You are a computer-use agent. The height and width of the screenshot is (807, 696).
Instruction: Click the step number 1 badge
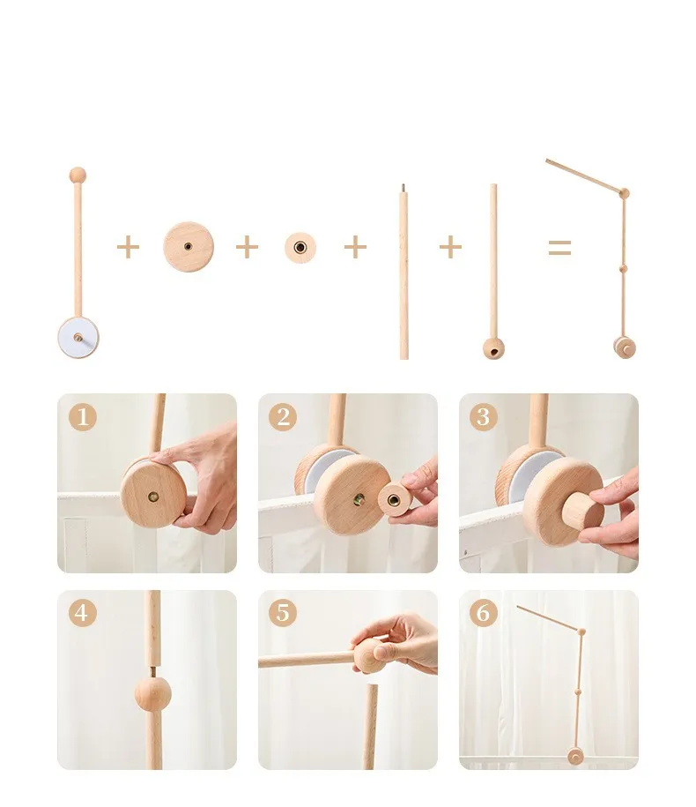(83, 416)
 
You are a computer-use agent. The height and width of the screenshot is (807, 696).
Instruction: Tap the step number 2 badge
(283, 416)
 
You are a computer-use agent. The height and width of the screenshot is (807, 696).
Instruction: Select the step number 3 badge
(483, 416)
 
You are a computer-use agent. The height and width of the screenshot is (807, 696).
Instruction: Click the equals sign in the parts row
(559, 248)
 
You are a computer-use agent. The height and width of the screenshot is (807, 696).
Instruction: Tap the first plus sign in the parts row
(128, 248)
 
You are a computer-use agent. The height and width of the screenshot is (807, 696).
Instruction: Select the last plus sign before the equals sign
(450, 248)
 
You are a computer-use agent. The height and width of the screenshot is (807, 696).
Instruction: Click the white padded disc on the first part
(78, 338)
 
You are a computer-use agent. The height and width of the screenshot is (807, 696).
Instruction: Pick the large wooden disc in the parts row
(189, 247)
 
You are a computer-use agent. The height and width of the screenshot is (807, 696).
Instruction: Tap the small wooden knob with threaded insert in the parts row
(300, 248)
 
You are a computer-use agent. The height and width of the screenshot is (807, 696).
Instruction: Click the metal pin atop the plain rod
(404, 188)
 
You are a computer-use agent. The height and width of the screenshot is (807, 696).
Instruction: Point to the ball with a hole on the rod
(493, 349)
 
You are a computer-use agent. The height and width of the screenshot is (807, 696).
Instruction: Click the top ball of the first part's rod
(78, 175)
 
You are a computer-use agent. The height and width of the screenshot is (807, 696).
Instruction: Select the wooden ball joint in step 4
(152, 694)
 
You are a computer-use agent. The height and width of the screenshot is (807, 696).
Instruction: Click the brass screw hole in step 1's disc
(152, 497)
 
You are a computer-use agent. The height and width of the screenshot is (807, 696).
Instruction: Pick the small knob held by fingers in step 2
(396, 499)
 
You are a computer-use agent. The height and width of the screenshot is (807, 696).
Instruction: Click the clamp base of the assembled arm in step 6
(574, 757)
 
